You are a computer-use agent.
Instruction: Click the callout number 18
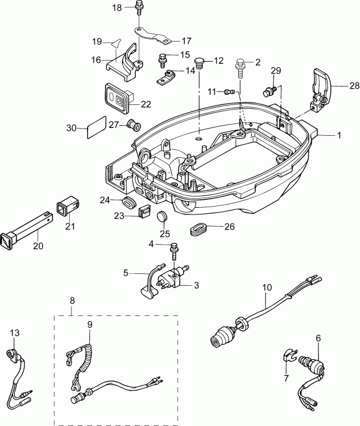(116, 7)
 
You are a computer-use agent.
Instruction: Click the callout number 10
(267, 287)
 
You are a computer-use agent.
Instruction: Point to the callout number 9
(89, 324)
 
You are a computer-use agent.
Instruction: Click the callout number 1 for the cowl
(339, 135)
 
